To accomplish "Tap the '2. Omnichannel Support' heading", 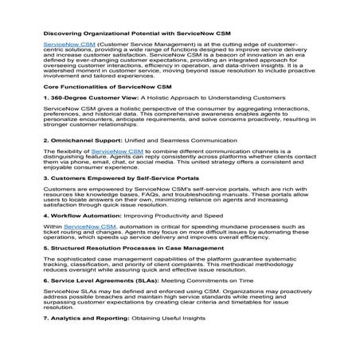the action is pos(82,162).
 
